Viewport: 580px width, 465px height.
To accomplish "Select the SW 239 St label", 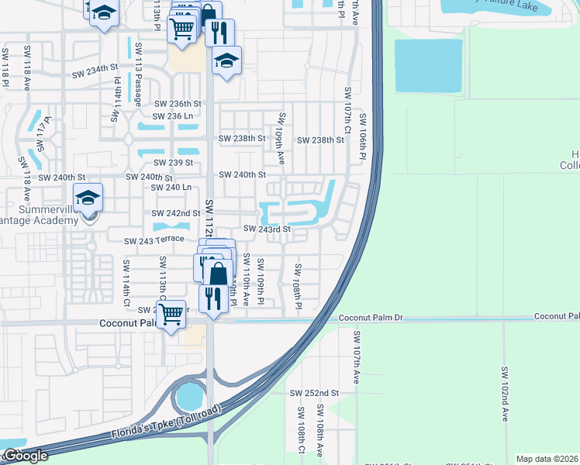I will [x=172, y=163].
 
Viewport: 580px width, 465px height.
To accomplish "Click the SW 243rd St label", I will [x=267, y=229].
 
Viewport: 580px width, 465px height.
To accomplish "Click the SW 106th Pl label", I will [x=361, y=139].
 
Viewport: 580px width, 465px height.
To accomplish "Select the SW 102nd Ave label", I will [x=504, y=394].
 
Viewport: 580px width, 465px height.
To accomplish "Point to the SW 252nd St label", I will [x=315, y=394].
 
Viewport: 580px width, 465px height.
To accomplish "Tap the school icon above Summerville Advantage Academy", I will [x=88, y=198].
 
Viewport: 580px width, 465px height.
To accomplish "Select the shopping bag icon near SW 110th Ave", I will [x=219, y=274].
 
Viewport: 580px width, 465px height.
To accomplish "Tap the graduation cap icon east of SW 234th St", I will [x=226, y=60].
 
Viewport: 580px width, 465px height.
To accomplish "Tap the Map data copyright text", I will [x=547, y=459].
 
